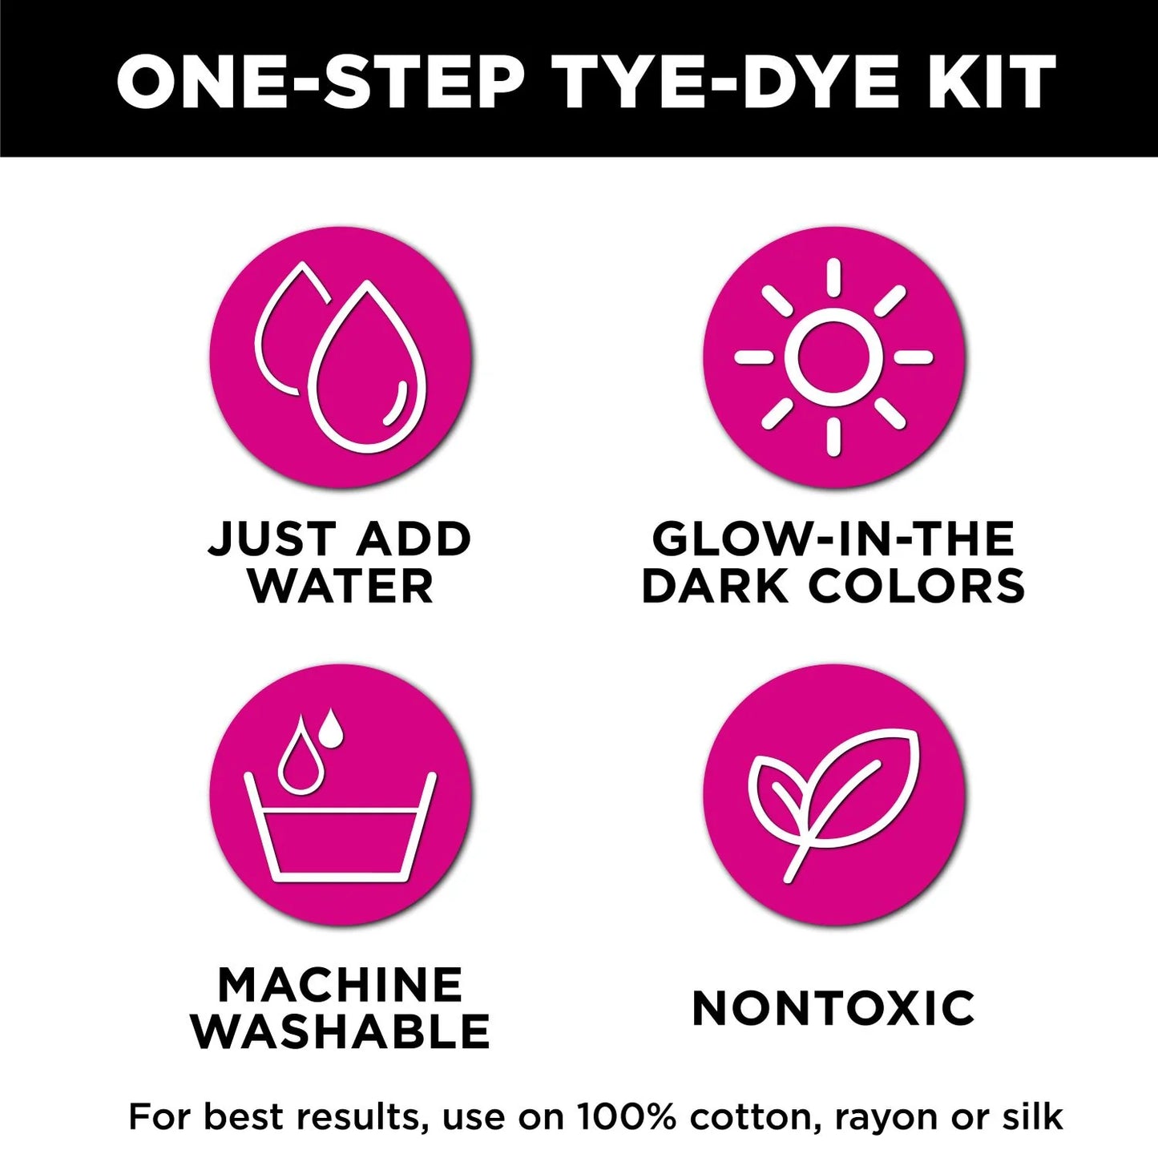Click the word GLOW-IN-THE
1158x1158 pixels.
(833, 539)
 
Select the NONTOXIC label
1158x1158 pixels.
(833, 1007)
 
